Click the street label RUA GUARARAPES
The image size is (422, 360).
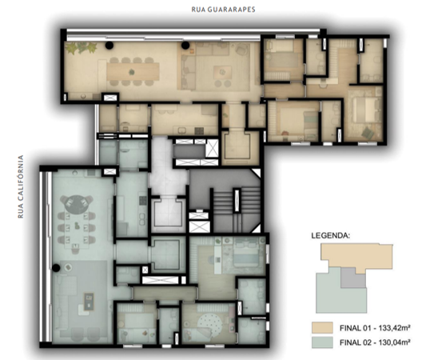tap(223, 10)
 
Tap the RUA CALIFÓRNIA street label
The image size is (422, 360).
tap(21, 186)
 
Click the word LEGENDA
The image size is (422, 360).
tap(331, 235)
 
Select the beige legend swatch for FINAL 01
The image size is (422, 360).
tap(322, 328)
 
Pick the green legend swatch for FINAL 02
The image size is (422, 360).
tap(322, 342)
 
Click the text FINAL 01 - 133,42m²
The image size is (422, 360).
tap(375, 328)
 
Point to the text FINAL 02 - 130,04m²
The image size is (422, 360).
tap(375, 342)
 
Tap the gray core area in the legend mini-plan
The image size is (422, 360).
tap(353, 278)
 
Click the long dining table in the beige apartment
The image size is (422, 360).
tap(133, 71)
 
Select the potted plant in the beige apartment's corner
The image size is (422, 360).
tap(81, 48)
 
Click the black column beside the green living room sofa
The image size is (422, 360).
tap(56, 268)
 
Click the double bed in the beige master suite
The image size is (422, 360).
tap(364, 110)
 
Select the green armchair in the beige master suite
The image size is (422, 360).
tap(368, 134)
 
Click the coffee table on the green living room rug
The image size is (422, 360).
tap(89, 301)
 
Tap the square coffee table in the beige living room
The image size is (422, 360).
tap(222, 72)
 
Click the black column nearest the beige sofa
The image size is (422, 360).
tap(185, 46)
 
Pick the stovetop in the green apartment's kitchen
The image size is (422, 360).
tap(143, 200)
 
